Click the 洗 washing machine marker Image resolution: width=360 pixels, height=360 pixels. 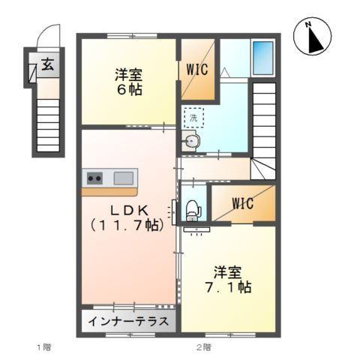click(x=193, y=118)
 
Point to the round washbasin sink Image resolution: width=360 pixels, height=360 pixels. click(x=192, y=142)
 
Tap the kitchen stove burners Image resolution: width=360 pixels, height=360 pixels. click(x=95, y=178)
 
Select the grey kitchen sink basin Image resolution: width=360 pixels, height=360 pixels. click(x=123, y=178)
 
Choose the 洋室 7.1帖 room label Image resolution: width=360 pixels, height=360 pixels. click(x=228, y=278)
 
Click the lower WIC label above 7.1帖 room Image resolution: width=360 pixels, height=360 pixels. click(x=242, y=203)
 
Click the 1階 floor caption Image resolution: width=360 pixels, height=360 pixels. click(x=43, y=347)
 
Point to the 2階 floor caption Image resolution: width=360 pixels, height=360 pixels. click(x=203, y=347)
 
